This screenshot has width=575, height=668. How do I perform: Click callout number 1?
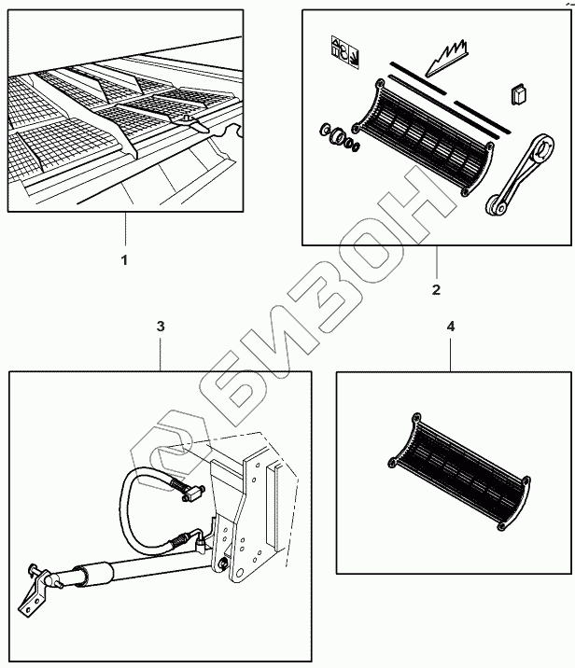124,258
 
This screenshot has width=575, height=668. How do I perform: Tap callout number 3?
161,327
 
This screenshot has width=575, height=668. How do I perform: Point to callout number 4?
451,328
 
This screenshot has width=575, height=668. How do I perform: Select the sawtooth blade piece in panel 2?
442,58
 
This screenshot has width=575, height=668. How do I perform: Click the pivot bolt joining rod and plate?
224,563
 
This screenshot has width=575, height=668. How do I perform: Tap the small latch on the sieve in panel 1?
190,120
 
